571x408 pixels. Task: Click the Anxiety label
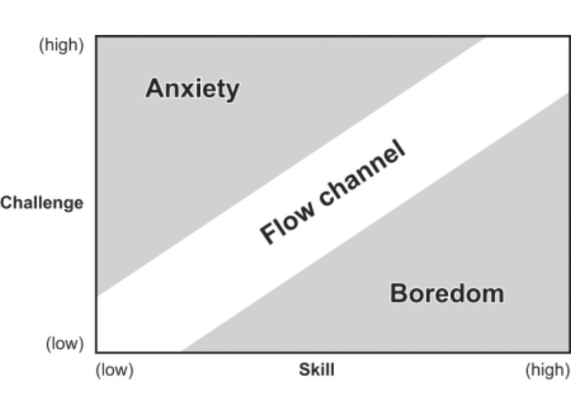click(x=192, y=88)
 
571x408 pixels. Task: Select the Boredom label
click(x=446, y=293)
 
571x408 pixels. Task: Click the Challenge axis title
click(x=42, y=203)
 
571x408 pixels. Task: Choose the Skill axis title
click(x=316, y=371)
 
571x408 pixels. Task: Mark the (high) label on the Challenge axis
click(x=61, y=46)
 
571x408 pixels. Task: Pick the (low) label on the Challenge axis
click(x=65, y=343)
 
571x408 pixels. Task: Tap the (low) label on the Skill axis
click(x=114, y=371)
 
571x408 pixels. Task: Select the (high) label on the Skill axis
click(x=547, y=371)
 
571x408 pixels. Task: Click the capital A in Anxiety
click(x=154, y=88)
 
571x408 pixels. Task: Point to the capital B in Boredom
click(x=399, y=293)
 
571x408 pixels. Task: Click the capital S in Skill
click(x=304, y=371)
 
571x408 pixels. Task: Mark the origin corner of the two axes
click(x=97, y=352)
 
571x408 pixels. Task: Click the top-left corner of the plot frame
click(x=97, y=37)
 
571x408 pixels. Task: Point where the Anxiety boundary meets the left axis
click(x=97, y=296)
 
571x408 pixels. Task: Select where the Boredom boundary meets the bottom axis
click(x=181, y=352)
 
